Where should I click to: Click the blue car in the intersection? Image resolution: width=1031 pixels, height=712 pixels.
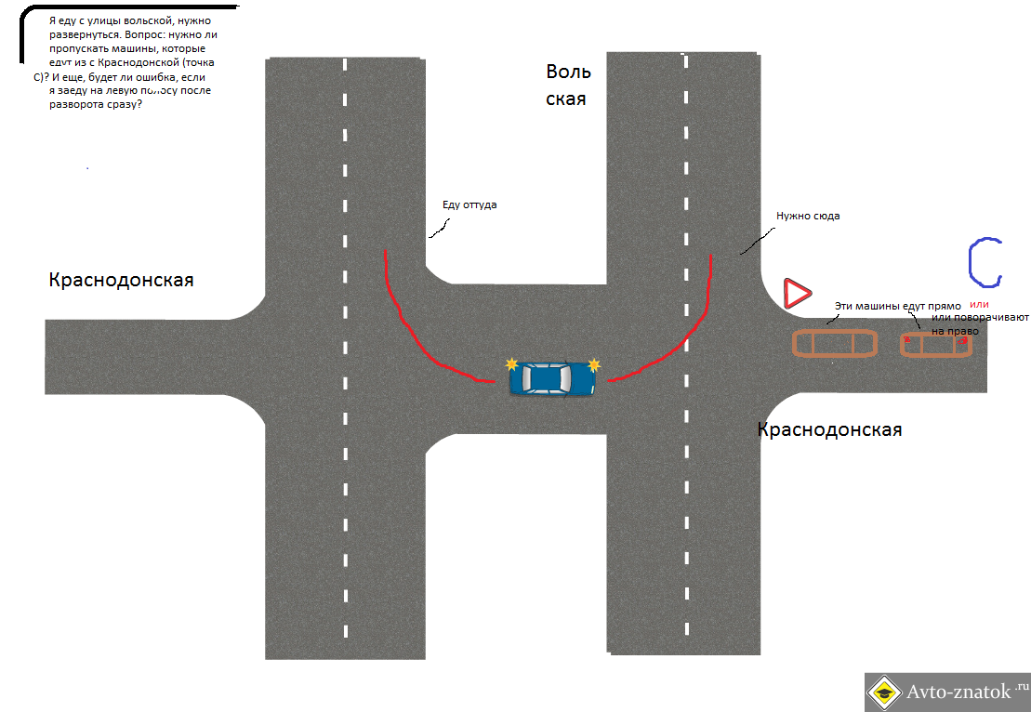(552, 378)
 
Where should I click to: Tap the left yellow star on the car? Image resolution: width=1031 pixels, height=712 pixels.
(510, 363)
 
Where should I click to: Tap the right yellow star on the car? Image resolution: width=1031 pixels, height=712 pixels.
(594, 364)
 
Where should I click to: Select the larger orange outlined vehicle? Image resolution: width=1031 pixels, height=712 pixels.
(834, 343)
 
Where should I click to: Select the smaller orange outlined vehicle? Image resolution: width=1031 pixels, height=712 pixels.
(935, 344)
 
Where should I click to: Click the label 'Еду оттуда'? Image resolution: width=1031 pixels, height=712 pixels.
(469, 204)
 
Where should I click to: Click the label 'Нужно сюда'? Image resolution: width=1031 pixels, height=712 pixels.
(808, 216)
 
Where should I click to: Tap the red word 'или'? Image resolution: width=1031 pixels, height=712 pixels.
(980, 304)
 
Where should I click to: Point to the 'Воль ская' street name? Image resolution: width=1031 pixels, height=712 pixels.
(568, 85)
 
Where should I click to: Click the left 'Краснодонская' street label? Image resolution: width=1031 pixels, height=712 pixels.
(121, 280)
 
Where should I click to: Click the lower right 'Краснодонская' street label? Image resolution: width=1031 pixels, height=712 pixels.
(829, 429)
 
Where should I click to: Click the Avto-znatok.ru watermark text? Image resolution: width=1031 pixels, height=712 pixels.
(962, 692)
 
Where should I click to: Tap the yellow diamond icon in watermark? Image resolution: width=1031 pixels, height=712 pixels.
(884, 692)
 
